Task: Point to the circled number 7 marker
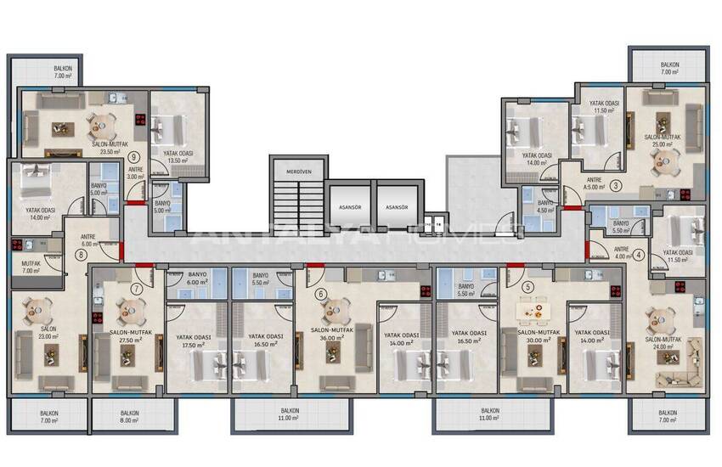click(136, 290)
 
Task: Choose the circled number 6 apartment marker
click(320, 294)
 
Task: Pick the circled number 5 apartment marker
click(528, 287)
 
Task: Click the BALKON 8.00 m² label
click(129, 417)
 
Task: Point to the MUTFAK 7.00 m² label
click(31, 267)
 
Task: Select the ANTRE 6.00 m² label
click(87, 239)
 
